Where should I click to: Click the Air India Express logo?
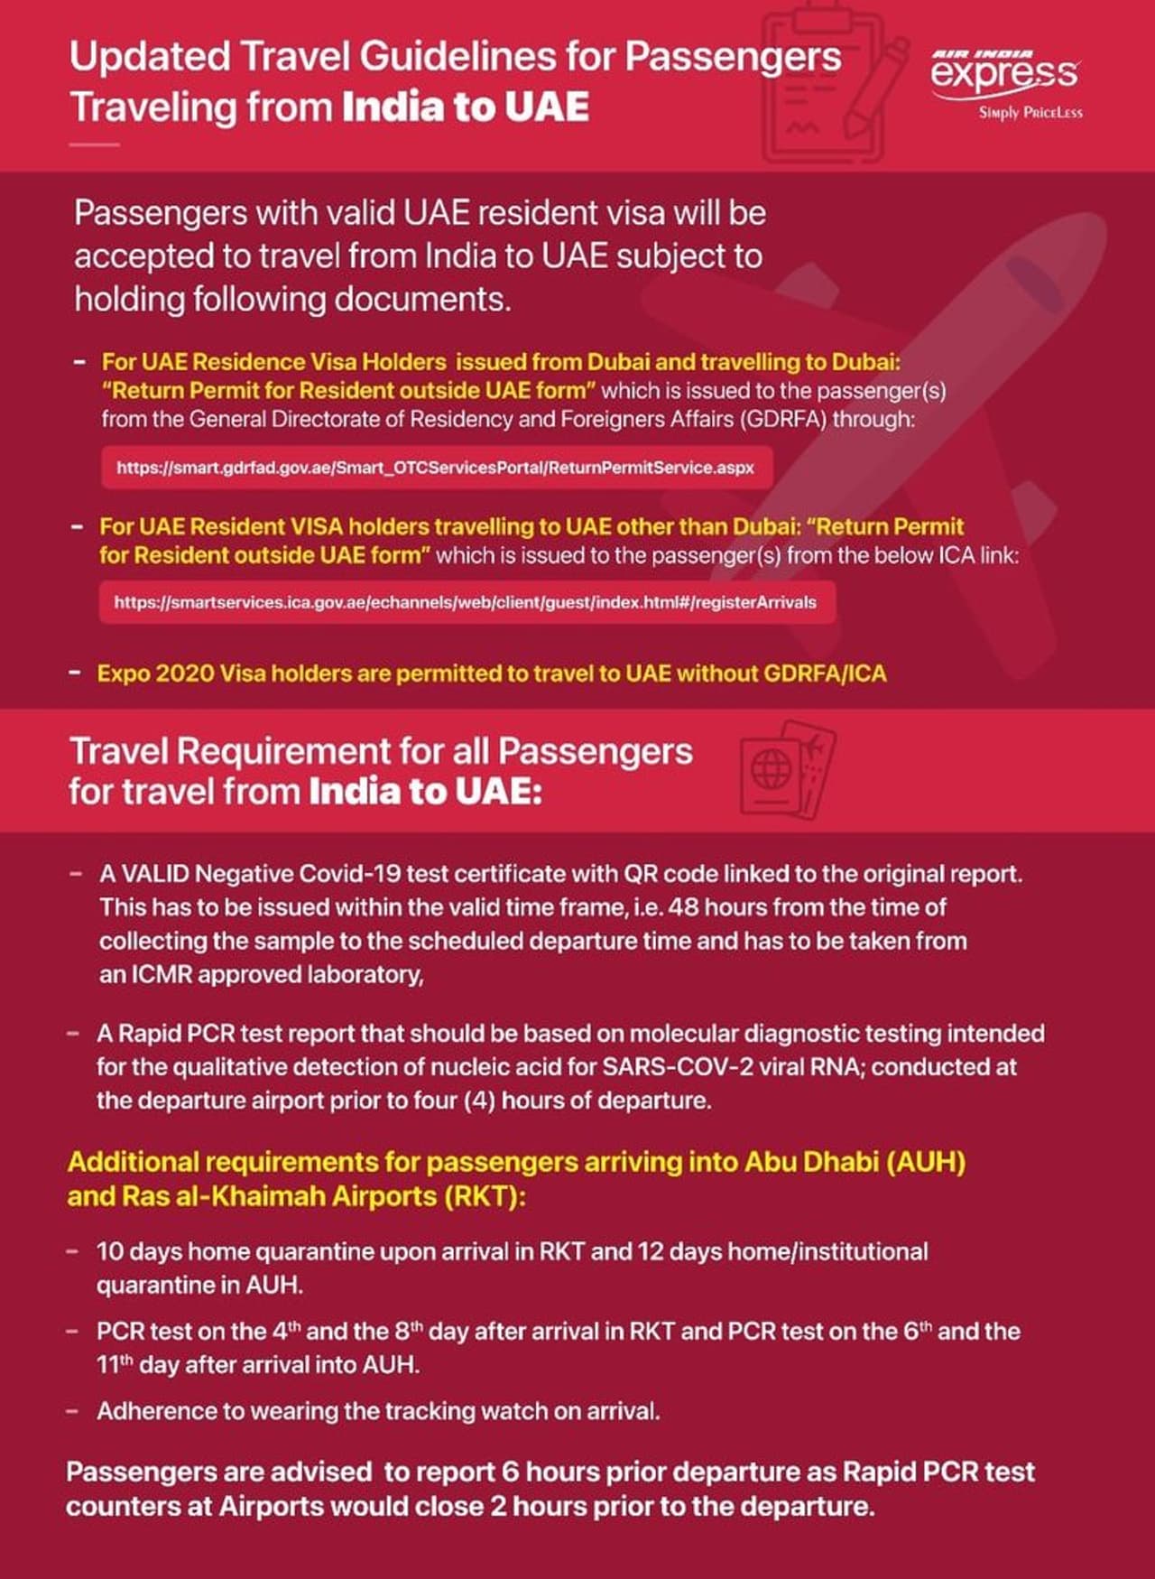1004,72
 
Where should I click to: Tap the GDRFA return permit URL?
435,468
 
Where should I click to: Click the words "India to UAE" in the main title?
466,107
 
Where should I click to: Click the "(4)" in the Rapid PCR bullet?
477,1101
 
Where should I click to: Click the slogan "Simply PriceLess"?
1030,113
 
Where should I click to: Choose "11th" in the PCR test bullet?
115,1365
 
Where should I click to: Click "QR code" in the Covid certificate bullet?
670,874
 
